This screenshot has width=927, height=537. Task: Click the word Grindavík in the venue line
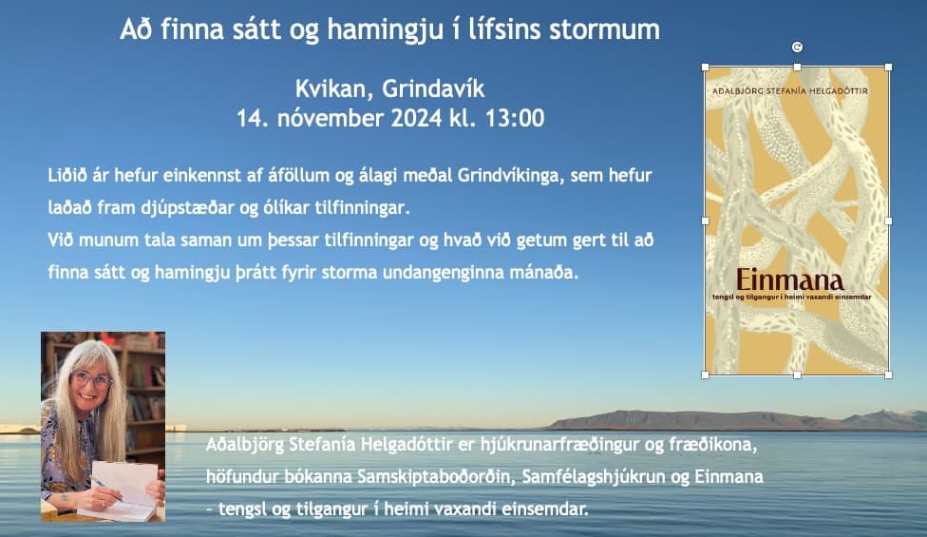433,88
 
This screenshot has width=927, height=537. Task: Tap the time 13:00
515,118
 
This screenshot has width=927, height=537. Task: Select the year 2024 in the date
416,118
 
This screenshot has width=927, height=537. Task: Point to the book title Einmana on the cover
790,279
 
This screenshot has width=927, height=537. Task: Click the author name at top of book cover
790,91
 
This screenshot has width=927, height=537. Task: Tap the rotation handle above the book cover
797,48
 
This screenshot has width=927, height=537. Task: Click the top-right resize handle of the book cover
888,67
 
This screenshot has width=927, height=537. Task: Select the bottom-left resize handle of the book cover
705,375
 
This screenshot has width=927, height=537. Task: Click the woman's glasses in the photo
91,378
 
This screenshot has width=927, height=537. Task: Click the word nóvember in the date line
330,118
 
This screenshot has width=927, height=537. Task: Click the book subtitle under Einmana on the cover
791,297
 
